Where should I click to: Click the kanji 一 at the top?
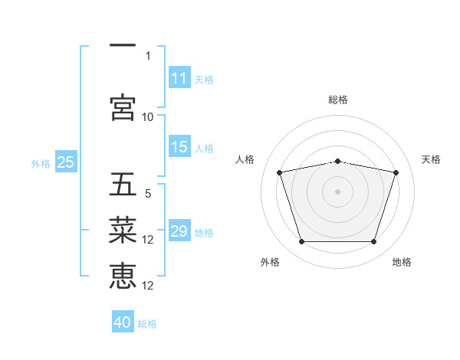(x=123, y=45)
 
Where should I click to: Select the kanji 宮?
(x=123, y=107)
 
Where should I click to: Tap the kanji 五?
(x=123, y=184)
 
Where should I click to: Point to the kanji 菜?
(x=123, y=230)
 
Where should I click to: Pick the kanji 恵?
(x=123, y=276)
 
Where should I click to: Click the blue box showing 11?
(x=179, y=77)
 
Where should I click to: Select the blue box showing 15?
(x=179, y=146)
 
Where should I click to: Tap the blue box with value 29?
(x=179, y=230)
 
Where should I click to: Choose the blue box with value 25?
(x=66, y=161)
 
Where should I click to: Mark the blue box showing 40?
(x=123, y=321)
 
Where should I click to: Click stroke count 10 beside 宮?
(x=147, y=117)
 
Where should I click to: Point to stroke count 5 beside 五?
(x=148, y=194)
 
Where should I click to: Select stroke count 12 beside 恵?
(x=147, y=286)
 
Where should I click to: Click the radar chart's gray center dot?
(x=337, y=191)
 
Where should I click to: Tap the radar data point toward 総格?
(x=337, y=162)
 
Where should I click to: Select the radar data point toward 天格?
(x=396, y=172)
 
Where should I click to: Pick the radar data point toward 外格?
(x=302, y=241)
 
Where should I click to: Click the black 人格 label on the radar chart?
(x=245, y=159)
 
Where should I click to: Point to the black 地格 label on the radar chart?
(x=402, y=262)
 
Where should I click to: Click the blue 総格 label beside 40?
(x=147, y=324)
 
